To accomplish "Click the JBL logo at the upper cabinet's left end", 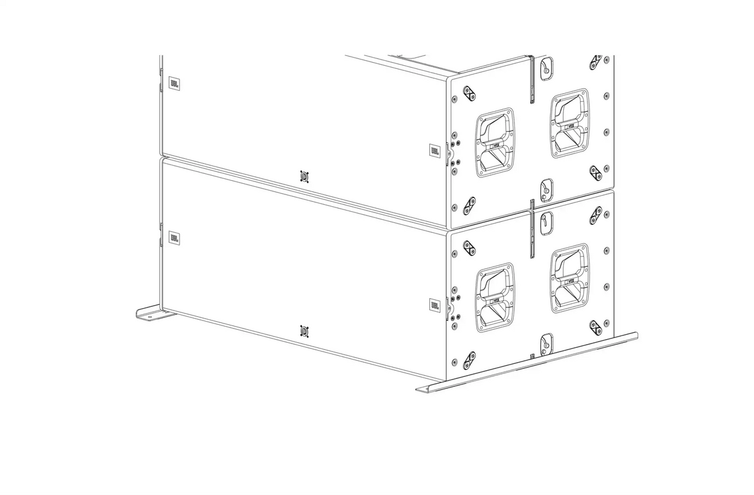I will coord(175,82).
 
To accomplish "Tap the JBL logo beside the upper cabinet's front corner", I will coord(435,150).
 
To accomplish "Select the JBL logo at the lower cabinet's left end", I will coord(175,237).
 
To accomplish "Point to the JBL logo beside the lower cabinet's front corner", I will coord(435,305).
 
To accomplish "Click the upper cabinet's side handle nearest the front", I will coord(495,142).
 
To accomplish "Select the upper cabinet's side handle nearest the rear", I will coord(570,123).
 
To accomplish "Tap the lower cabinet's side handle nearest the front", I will coord(495,297).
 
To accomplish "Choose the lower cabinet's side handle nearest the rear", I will coord(570,278).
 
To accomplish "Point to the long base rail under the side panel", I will coord(528,366).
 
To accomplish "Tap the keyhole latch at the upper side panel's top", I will coord(546,68).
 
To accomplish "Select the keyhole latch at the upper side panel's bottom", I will coord(546,189).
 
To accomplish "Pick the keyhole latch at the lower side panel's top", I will coord(546,222).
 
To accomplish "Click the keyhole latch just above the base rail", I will coord(546,343).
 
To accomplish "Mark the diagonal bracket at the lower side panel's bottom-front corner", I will coord(469,359).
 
